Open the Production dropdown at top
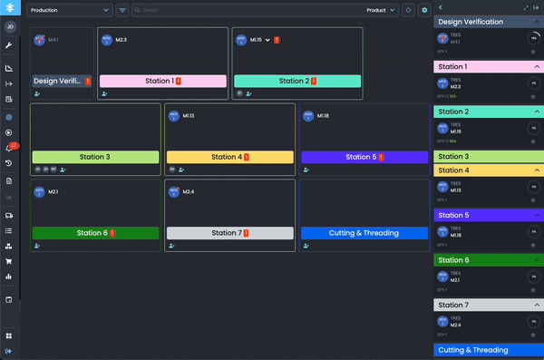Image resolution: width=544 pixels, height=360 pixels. (69, 11)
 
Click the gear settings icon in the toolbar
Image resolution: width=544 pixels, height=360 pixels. (423, 11)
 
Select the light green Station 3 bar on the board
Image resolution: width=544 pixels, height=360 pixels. (95, 157)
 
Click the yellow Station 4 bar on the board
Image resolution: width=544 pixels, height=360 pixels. (229, 157)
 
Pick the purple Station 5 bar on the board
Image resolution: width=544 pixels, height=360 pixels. (364, 157)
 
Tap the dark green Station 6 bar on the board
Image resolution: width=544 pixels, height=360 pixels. (95, 233)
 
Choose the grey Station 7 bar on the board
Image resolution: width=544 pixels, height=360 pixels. (229, 233)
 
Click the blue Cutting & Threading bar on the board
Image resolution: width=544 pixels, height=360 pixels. (364, 233)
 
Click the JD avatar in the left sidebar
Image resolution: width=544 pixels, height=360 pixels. (9, 26)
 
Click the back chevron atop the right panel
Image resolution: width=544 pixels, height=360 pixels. (440, 7)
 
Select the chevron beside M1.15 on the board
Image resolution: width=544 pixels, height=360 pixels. (267, 40)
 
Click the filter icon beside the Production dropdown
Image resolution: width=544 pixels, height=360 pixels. (122, 11)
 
